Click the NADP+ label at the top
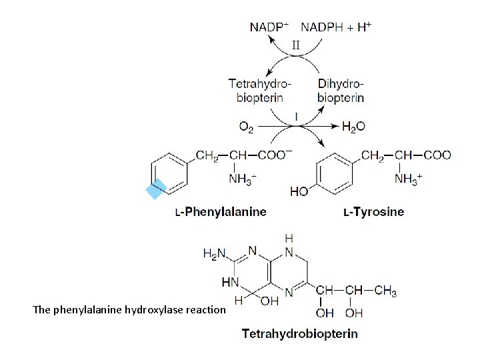269,27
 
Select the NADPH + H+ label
337,27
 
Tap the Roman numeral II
297,45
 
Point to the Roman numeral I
295,116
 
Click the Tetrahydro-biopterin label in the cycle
260,91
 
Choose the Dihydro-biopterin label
341,91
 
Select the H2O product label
353,126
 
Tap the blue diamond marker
155,190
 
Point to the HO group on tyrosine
299,191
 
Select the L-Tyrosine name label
373,212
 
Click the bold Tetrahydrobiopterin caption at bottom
299,333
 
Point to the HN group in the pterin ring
230,282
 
